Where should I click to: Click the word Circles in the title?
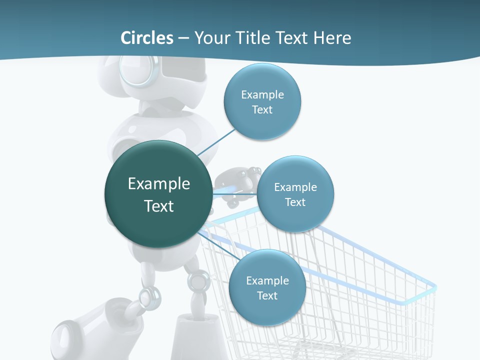click(146, 38)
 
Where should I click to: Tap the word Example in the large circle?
click(159, 184)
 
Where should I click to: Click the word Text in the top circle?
click(262, 110)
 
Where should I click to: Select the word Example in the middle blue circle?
click(295, 187)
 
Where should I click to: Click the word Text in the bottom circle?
click(267, 296)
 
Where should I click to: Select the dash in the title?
click(183, 38)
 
